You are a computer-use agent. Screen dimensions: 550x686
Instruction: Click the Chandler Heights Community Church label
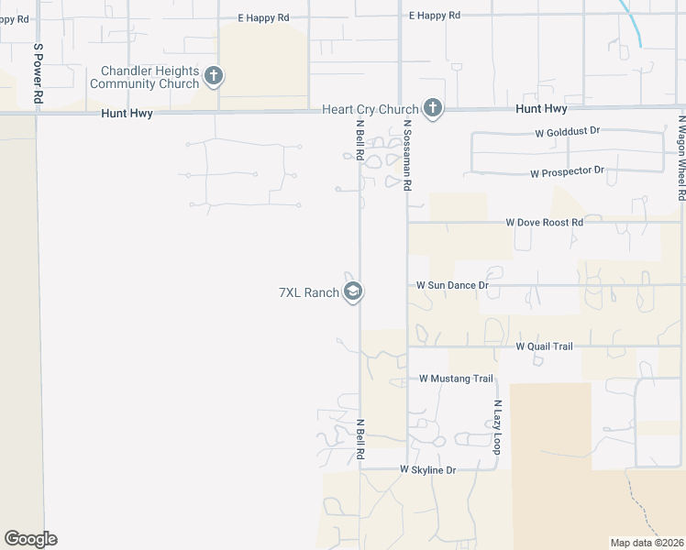point(149,77)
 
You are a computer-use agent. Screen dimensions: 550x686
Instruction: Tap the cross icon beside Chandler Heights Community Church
point(214,76)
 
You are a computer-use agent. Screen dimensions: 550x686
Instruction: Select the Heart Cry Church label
point(370,109)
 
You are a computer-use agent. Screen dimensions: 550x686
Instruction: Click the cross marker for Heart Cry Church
point(433,109)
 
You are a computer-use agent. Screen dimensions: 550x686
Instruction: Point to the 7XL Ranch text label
point(309,293)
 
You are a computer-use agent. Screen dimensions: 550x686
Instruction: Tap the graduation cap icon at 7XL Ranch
point(353,292)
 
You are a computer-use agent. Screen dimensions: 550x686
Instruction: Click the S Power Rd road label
point(38,72)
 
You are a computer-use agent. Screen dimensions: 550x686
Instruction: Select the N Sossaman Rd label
point(407,159)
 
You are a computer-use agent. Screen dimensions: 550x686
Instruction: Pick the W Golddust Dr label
point(567,132)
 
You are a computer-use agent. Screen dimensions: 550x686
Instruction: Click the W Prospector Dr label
point(567,171)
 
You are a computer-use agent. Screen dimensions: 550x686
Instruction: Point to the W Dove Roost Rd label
point(545,222)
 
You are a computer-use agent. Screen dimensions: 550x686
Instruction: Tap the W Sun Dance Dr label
point(452,285)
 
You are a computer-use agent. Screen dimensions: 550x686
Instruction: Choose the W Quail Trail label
point(544,346)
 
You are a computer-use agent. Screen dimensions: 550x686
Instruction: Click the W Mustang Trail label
point(456,379)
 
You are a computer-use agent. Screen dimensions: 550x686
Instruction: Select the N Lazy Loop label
point(497,428)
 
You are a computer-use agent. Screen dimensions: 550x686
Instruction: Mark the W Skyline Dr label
point(427,469)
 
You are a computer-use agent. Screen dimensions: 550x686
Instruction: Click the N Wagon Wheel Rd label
point(681,157)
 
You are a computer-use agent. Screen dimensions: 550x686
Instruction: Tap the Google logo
point(30,539)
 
